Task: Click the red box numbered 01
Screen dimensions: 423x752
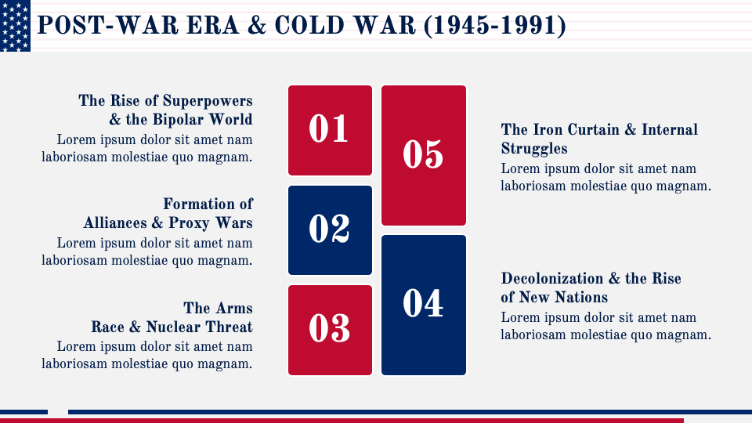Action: click(330, 130)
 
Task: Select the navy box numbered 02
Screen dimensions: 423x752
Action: click(330, 230)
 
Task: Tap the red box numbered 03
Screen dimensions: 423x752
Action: click(330, 330)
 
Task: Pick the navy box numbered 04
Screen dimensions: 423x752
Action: click(423, 305)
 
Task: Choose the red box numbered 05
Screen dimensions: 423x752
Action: click(423, 155)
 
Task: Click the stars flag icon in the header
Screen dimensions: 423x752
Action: click(15, 26)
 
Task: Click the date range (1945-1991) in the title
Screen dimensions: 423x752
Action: click(493, 26)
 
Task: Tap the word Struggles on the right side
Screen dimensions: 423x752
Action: click(534, 149)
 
